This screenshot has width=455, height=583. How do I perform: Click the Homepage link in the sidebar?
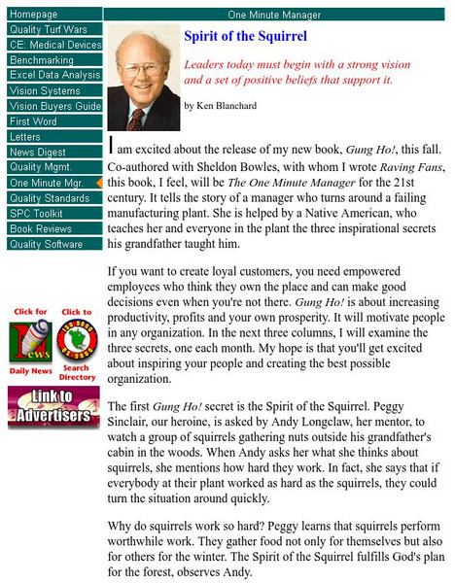pyautogui.click(x=33, y=15)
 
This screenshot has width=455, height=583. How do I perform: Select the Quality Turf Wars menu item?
pyautogui.click(x=49, y=30)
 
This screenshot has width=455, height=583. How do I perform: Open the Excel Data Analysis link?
pyautogui.click(x=53, y=75)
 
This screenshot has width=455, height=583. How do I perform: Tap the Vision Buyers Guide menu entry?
pyautogui.click(x=53, y=106)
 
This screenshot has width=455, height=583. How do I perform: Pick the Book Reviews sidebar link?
pyautogui.click(x=41, y=228)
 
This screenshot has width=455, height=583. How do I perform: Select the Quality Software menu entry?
pyautogui.click(x=46, y=244)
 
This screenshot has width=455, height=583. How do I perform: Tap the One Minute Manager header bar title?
pyautogui.click(x=277, y=16)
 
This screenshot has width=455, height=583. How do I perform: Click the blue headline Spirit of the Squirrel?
pyautogui.click(x=245, y=37)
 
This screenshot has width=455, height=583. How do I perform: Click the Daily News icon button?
pyautogui.click(x=30, y=341)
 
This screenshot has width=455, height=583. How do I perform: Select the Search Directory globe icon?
pyautogui.click(x=77, y=341)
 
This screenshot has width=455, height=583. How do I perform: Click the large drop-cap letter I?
pyautogui.click(x=114, y=145)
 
